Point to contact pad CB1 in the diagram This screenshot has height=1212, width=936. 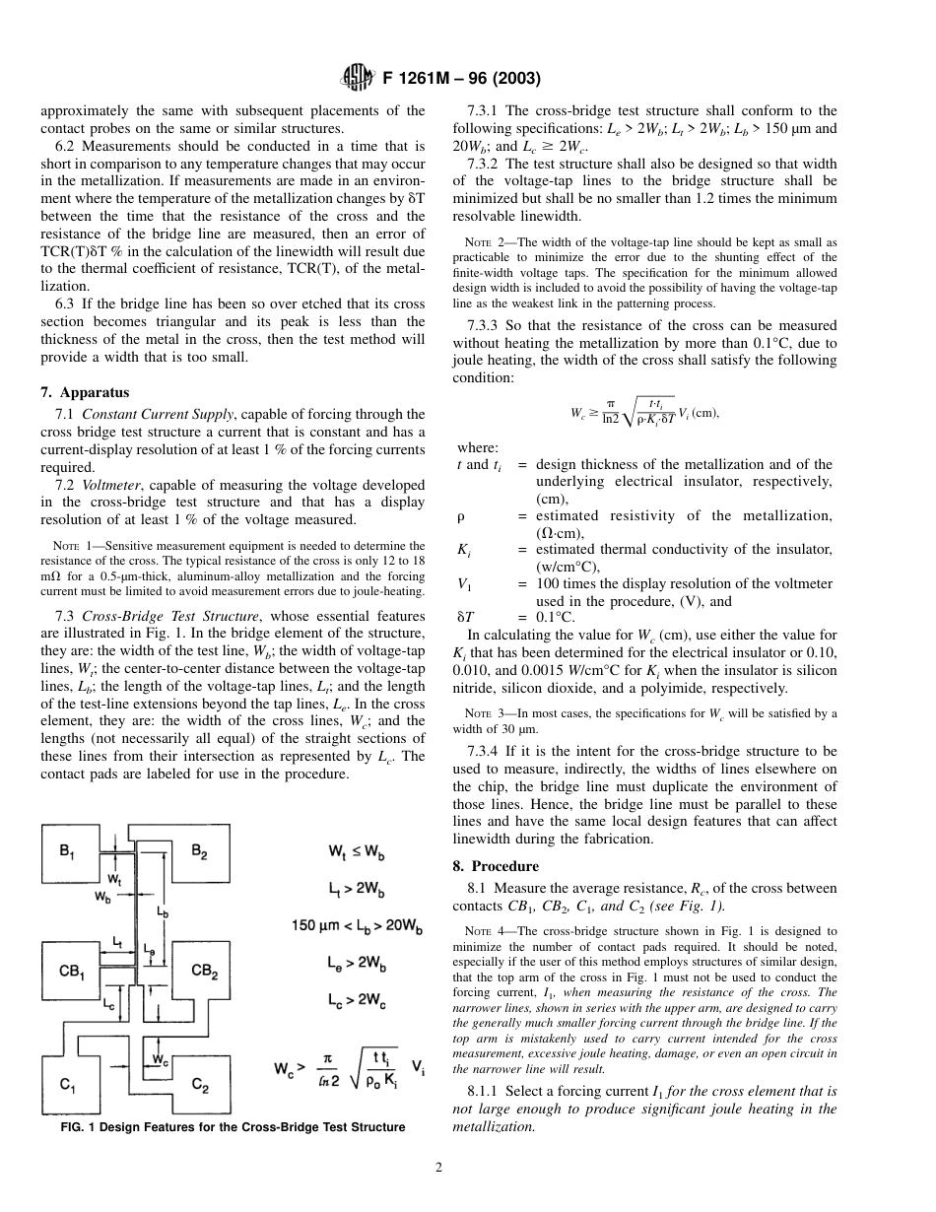(x=72, y=972)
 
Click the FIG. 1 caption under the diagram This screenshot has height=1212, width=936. (x=233, y=1127)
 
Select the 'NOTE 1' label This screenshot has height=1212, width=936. (x=71, y=546)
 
